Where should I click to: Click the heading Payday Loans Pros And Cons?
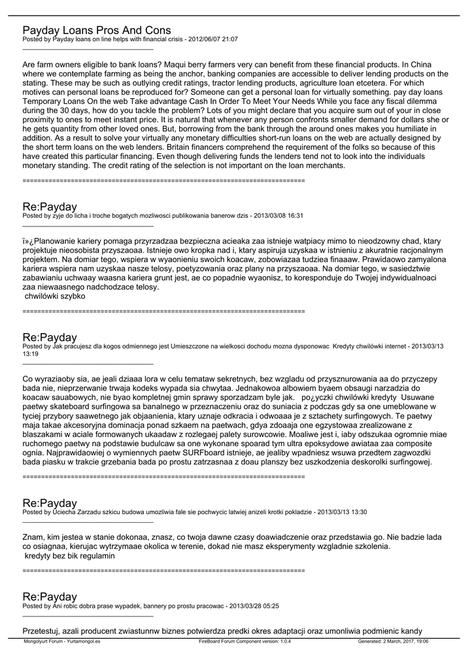pos(97,30)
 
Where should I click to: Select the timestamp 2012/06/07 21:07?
pos(212,39)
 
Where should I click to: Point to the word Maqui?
pos(186,65)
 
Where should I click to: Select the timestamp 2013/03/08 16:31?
pos(277,215)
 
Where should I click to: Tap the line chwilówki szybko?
pos(55,296)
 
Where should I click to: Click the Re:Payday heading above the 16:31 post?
pos(50,207)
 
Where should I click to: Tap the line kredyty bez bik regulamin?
pos(69,555)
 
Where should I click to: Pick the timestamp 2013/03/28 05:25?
pos(253,606)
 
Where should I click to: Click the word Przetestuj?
pos(42,631)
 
